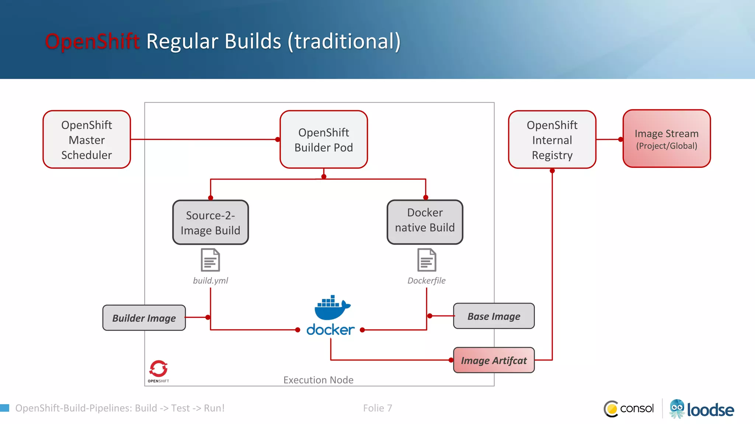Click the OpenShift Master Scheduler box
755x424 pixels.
[87, 139]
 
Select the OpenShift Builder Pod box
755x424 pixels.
[324, 139]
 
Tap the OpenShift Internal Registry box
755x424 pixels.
[552, 140]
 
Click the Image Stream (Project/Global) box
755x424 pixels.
[667, 139]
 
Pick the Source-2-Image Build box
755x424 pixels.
[211, 222]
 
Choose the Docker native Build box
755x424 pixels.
[425, 222]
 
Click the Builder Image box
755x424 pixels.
[144, 318]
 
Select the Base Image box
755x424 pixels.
[494, 316]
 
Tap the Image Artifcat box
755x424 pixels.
[494, 360]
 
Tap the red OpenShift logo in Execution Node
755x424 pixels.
[159, 369]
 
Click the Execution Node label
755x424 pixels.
[318, 380]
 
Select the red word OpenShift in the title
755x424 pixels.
[92, 41]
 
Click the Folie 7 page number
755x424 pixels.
[377, 408]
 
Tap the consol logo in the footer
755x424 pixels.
[629, 409]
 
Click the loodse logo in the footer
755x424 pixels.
[702, 409]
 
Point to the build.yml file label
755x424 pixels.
[211, 280]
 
